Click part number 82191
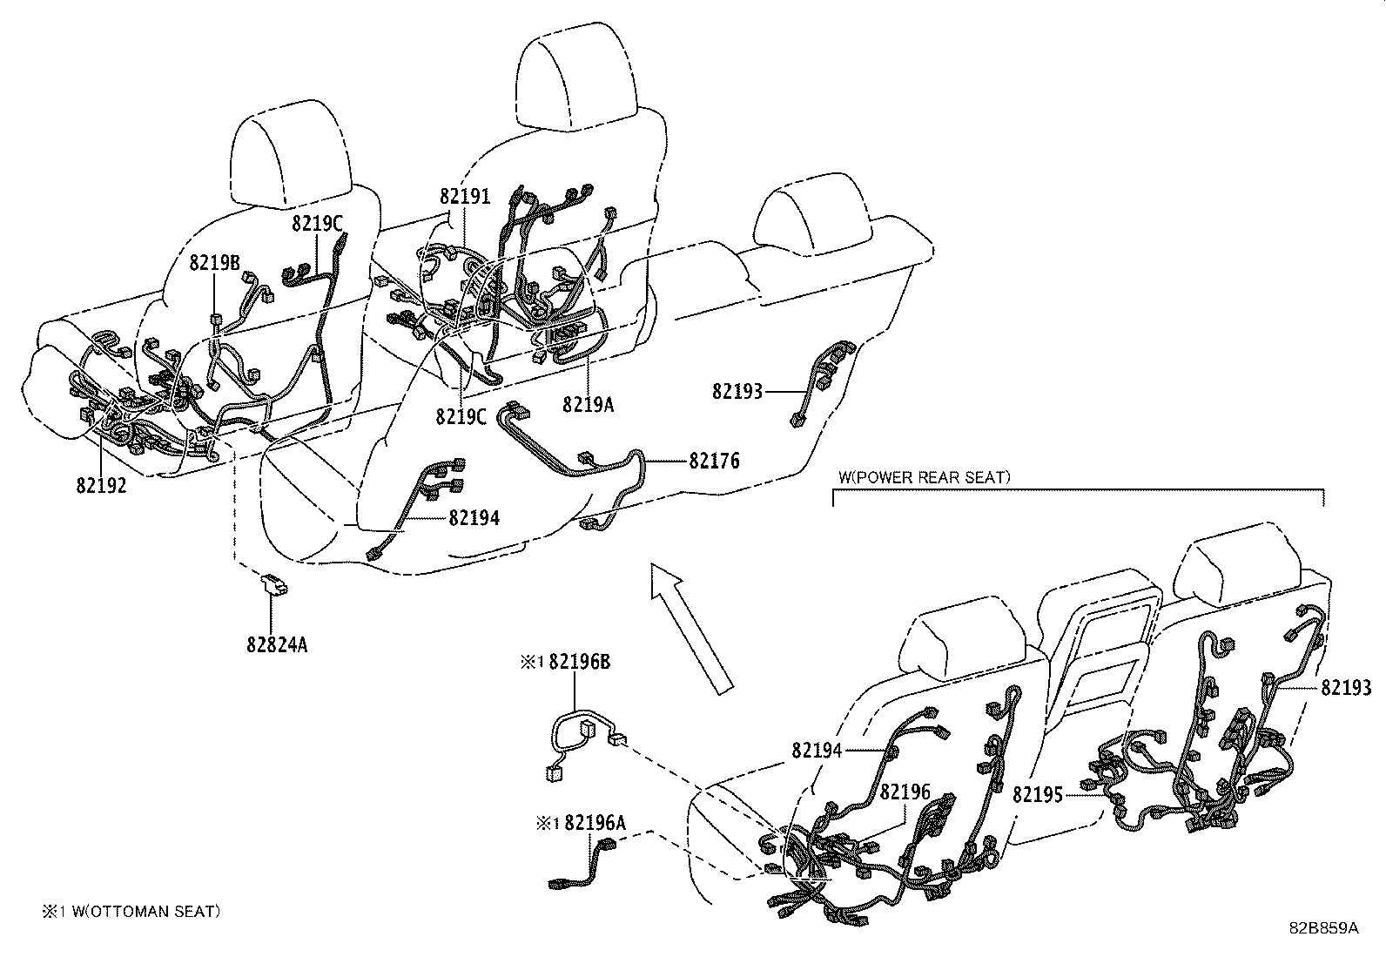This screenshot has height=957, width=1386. pos(465,196)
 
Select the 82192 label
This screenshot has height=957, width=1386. pos(101,486)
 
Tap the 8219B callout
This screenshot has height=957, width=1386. pos(215,262)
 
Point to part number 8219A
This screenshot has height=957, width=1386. pos(588,404)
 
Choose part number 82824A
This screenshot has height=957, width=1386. pos(277,645)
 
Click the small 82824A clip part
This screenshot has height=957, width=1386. pos(275,584)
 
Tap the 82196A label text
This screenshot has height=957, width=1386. pos(595,822)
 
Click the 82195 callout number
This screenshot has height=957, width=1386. pos(1038,795)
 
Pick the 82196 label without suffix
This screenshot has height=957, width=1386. pos(905,792)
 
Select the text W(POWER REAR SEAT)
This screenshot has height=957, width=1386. pos(925,477)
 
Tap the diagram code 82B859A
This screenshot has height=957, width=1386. pos(1323,927)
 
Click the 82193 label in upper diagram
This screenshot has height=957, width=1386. pos(737,392)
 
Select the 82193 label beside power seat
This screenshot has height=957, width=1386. pos(1346,688)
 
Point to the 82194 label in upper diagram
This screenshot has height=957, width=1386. pos(474,518)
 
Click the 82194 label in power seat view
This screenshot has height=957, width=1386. pos(817,750)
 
